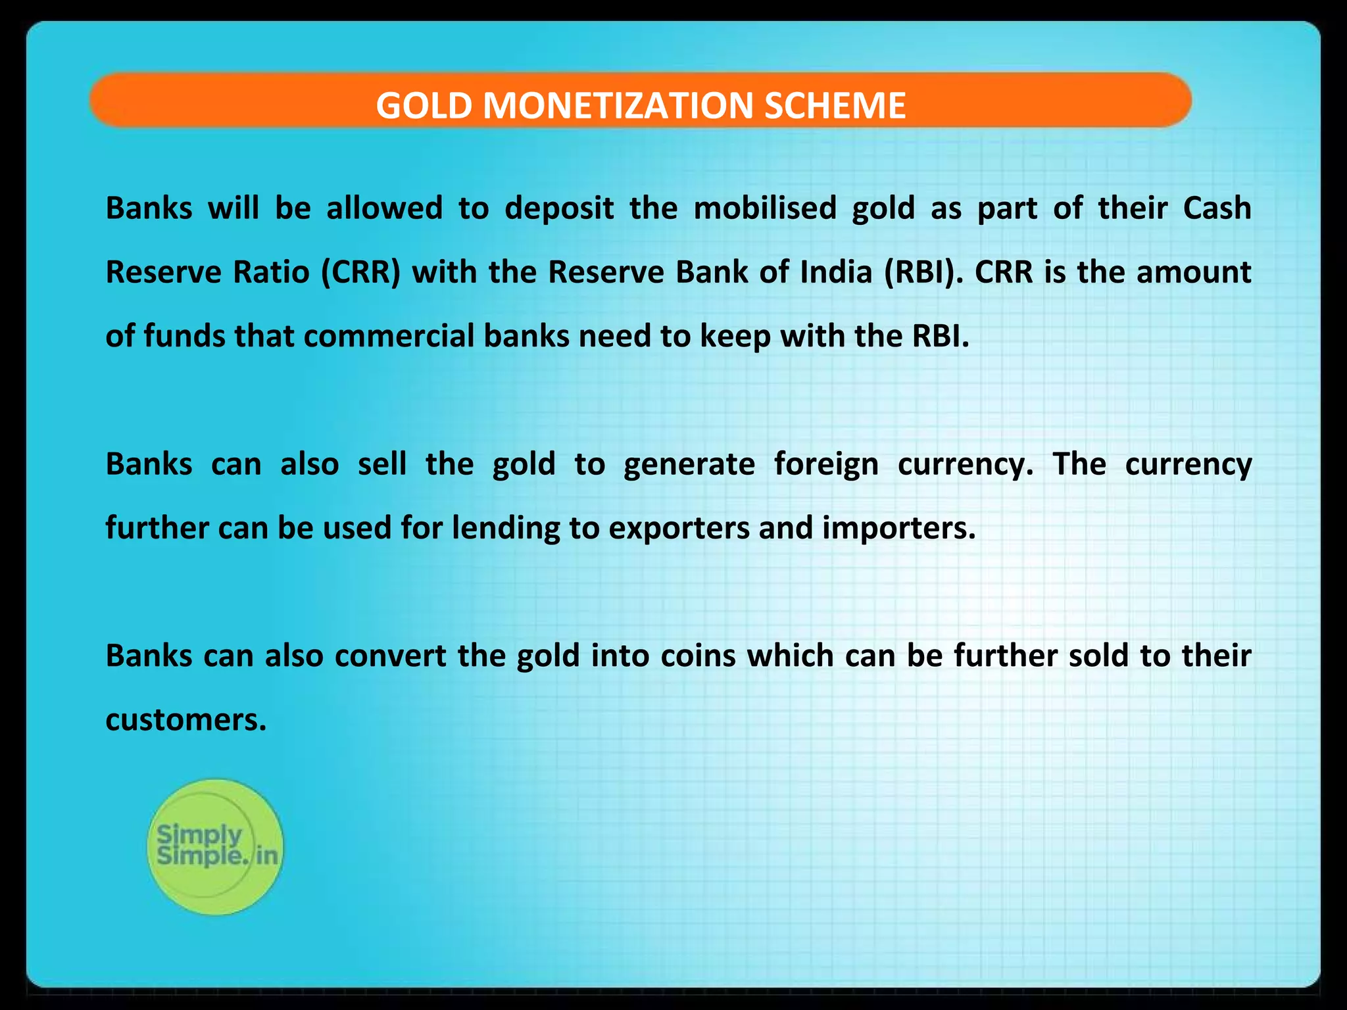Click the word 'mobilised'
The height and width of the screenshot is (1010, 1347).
coord(764,208)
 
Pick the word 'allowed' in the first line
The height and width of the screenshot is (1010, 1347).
coord(384,208)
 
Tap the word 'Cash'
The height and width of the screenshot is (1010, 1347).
coord(1217,208)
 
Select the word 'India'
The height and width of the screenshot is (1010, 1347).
coord(836,272)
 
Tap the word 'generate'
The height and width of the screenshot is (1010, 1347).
coord(689,465)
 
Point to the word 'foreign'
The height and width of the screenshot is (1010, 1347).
coord(825,465)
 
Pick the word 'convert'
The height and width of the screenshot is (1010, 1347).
coord(391,656)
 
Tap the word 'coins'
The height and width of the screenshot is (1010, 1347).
coord(698,656)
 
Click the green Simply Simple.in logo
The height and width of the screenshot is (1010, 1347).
coord(215,846)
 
